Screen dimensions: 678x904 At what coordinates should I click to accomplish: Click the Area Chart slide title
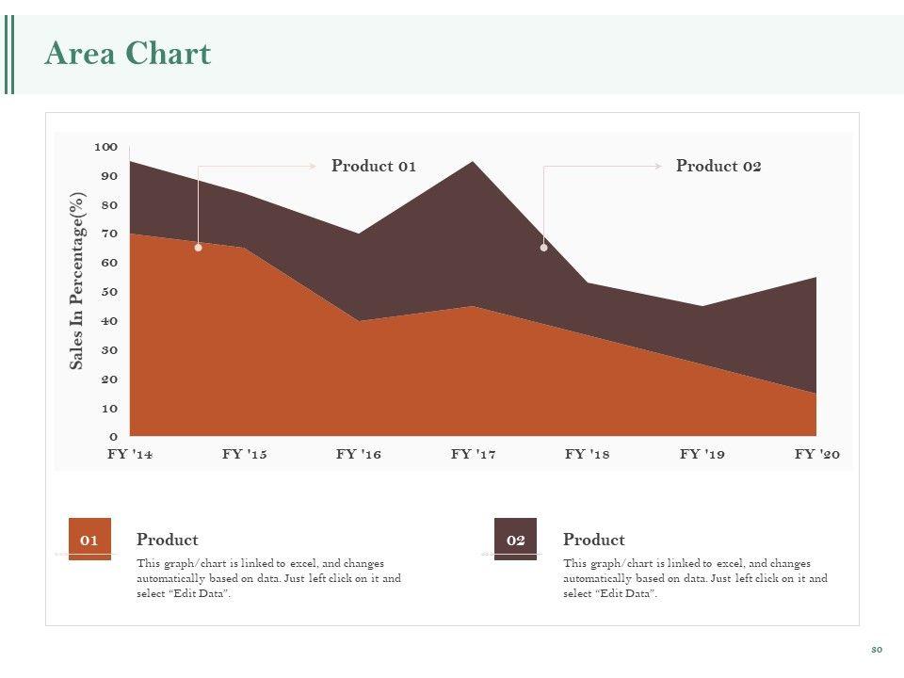click(127, 54)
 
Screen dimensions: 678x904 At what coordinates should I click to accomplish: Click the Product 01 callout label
click(374, 166)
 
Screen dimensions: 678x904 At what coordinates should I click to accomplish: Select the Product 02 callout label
click(718, 166)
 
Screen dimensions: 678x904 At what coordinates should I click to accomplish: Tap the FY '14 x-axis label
click(130, 454)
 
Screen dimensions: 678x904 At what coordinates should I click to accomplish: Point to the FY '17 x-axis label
click(473, 454)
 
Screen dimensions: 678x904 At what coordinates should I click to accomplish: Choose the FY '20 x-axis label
click(816, 454)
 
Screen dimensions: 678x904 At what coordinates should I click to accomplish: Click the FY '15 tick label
click(245, 454)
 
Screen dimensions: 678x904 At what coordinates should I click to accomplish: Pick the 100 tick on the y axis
click(105, 147)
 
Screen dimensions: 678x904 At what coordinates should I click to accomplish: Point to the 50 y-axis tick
click(109, 292)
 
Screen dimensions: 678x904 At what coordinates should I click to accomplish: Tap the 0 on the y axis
click(113, 437)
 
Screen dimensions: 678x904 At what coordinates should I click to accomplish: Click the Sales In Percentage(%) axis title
click(78, 281)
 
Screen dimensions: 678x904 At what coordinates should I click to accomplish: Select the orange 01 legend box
click(89, 540)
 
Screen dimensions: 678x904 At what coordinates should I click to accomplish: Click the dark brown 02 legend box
click(515, 540)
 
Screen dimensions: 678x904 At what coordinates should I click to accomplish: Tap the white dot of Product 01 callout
click(198, 248)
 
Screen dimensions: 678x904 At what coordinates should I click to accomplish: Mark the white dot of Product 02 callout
click(543, 248)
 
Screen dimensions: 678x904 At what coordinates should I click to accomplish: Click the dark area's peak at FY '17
click(473, 164)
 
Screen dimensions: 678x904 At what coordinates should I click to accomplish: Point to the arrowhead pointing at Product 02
click(658, 166)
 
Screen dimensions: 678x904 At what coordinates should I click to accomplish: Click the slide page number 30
click(876, 650)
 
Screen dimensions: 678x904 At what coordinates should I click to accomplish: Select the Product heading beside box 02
click(593, 540)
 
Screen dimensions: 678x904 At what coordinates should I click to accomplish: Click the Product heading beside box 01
click(167, 540)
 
